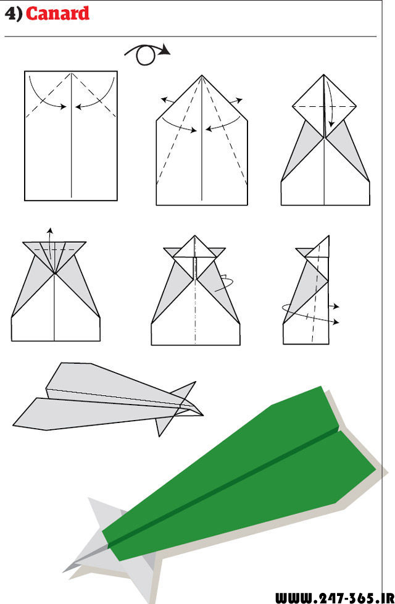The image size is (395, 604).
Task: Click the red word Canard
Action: pos(58,14)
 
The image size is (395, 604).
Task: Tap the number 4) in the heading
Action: pos(14,14)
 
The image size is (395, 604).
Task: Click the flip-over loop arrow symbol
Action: pos(147,54)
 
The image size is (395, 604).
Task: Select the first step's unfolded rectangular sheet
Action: pos(71,136)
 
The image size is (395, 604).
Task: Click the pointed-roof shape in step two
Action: pos(202,140)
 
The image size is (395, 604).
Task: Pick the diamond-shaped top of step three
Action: pos(324,106)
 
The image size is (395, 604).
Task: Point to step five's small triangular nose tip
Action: pos(195,246)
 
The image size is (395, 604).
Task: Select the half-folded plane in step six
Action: pos(307,290)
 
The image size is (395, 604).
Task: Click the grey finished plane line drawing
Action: pos(108,399)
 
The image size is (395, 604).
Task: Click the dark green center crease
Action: pos(223,488)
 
